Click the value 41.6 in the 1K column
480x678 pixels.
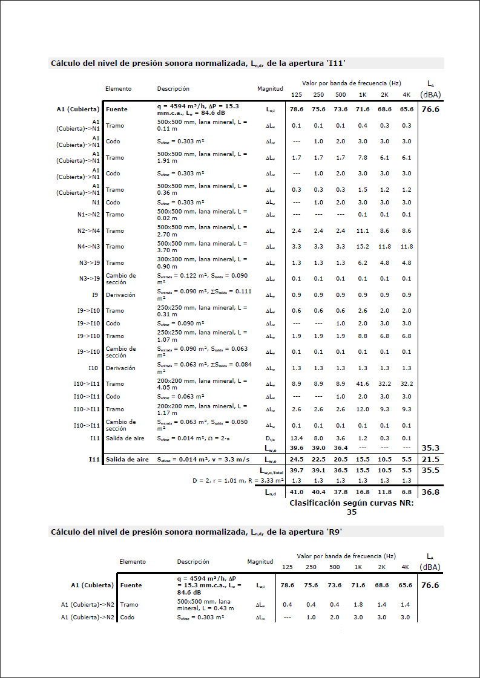coord(363,384)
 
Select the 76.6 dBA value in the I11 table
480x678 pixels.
coord(430,109)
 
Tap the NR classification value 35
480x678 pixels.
coord(352,512)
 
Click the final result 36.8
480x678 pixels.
coord(430,493)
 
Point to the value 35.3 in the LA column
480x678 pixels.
coord(430,448)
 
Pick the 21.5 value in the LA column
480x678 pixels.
coord(430,460)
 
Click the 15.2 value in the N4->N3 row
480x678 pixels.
coord(363,247)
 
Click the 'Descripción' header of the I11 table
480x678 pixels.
coord(173,89)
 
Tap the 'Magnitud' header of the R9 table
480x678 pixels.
coord(260,562)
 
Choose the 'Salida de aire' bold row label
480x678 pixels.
coord(127,460)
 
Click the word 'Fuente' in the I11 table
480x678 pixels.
coord(116,109)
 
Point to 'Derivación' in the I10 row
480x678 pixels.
coord(120,368)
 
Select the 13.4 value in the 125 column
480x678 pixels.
coord(296,438)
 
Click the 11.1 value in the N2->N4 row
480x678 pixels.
coord(363,231)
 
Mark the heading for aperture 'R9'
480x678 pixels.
coord(199,532)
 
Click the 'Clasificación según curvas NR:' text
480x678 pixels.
coord(352,503)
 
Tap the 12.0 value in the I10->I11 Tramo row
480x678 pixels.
coord(363,409)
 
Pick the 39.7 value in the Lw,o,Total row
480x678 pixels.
coord(296,470)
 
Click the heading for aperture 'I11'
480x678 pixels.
coord(198,63)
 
